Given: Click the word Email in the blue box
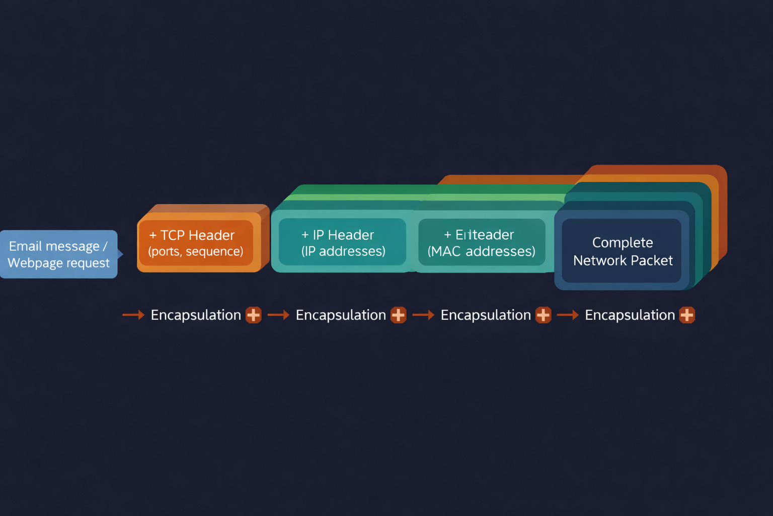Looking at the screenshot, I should click(25, 246).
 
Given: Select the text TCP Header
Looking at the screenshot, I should click(197, 235).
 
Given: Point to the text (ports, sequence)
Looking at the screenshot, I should click(195, 251).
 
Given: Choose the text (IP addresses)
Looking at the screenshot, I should click(343, 251).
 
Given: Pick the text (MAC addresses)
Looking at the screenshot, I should click(481, 251).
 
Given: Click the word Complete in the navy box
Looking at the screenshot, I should click(623, 242).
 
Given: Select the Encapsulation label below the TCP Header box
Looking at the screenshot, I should click(196, 315).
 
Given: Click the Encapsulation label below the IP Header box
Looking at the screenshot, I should click(341, 315).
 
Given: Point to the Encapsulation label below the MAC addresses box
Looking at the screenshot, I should click(486, 315).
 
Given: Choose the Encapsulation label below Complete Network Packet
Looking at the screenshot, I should click(630, 315).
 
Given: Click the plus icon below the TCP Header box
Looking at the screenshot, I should click(254, 315).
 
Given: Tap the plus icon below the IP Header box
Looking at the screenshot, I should click(399, 315).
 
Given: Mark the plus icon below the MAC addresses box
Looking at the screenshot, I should click(544, 315).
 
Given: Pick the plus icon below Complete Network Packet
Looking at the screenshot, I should click(687, 315).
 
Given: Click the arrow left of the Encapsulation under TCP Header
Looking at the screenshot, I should click(133, 315).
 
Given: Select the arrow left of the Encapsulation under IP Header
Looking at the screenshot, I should click(278, 315).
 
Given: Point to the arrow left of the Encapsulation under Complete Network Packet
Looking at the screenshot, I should click(568, 315).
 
